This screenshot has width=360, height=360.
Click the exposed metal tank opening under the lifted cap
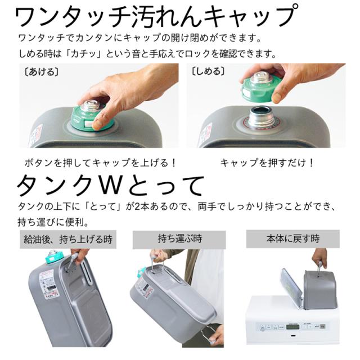pos(260,115)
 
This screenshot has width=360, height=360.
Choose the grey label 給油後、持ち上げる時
pos(67,239)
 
